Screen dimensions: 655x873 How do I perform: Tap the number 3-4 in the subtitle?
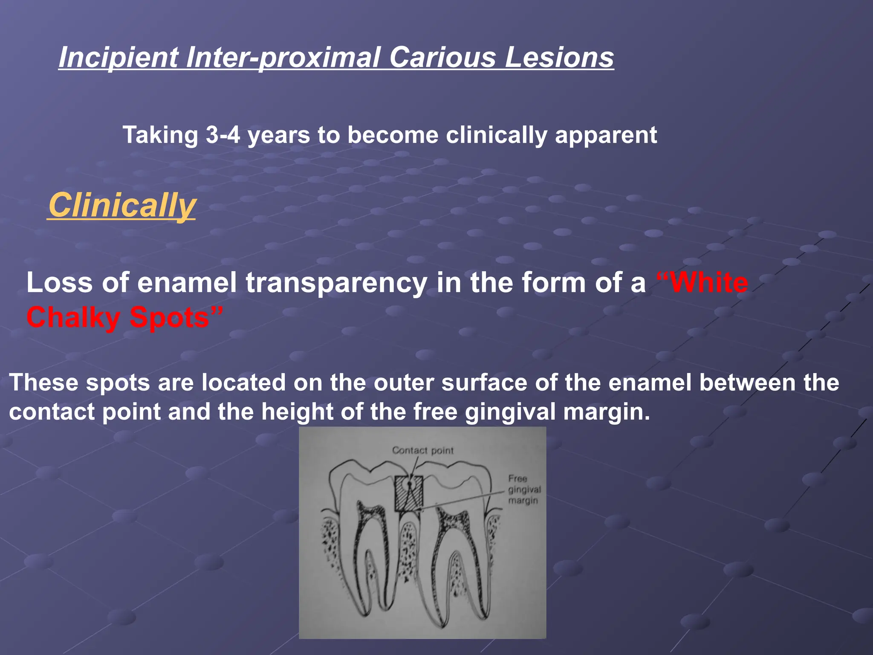[x=223, y=135]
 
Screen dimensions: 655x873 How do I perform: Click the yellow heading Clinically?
[x=122, y=206]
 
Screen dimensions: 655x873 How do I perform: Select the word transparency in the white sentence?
[x=336, y=283]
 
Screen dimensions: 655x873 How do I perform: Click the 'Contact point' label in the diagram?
[x=422, y=450]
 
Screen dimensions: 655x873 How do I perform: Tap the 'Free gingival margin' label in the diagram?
[x=524, y=490]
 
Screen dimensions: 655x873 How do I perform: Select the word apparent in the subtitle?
[x=606, y=135]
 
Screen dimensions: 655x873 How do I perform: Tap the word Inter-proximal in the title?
[x=283, y=58]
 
